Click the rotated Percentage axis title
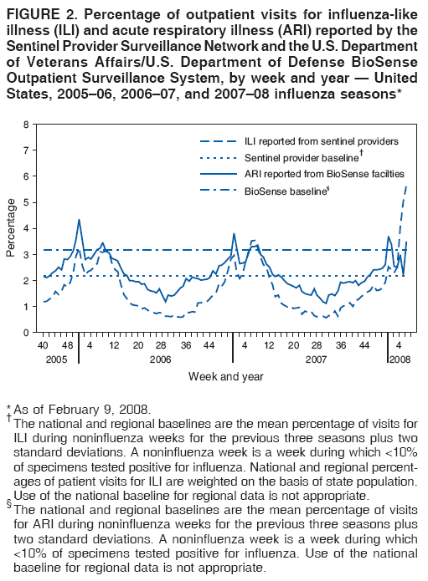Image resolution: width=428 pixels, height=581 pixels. coord(11,228)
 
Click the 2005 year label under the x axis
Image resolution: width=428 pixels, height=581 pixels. coord(55,358)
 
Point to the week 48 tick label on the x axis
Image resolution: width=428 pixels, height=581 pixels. coord(68,344)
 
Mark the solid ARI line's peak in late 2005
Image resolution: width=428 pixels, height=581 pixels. coord(79,220)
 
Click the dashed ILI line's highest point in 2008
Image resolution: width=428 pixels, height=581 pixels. coord(406,187)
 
